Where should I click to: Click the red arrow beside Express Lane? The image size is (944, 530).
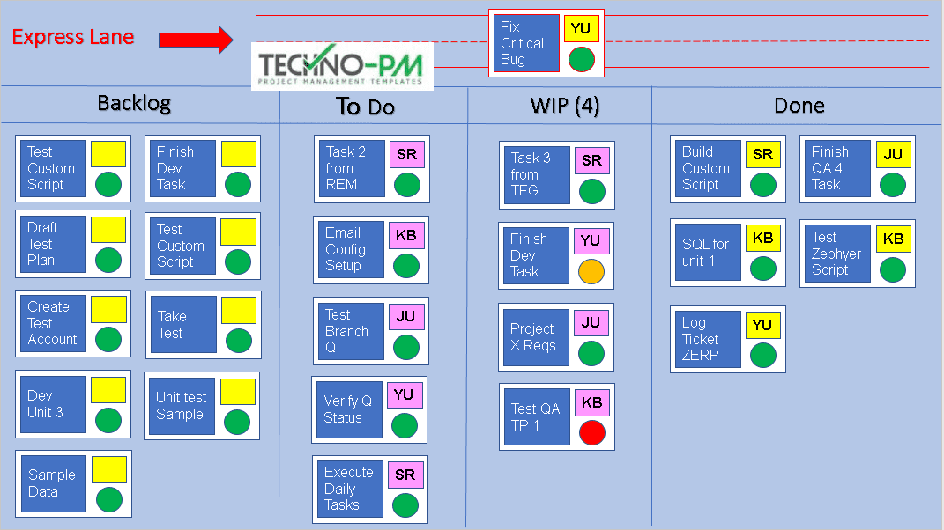click(196, 39)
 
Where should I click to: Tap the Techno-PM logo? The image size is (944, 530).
click(340, 66)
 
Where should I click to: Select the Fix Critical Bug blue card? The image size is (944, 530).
click(526, 43)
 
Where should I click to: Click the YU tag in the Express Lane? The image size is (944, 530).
click(581, 28)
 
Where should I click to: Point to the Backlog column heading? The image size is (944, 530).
click(133, 103)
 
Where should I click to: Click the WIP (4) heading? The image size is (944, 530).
click(564, 107)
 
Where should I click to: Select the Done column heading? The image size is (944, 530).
click(799, 106)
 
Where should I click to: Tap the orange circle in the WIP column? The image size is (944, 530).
click(591, 271)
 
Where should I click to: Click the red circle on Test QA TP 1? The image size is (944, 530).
click(592, 432)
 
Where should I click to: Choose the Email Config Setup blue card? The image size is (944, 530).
click(350, 250)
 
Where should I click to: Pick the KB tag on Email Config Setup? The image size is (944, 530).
click(406, 235)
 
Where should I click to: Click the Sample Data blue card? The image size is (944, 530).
click(53, 483)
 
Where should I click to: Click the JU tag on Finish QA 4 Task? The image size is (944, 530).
click(893, 154)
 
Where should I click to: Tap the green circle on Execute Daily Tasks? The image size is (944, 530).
click(405, 504)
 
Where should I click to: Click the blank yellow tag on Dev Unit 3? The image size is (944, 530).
click(108, 390)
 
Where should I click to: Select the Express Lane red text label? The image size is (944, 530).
click(73, 37)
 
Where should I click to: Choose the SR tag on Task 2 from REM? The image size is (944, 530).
click(406, 154)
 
